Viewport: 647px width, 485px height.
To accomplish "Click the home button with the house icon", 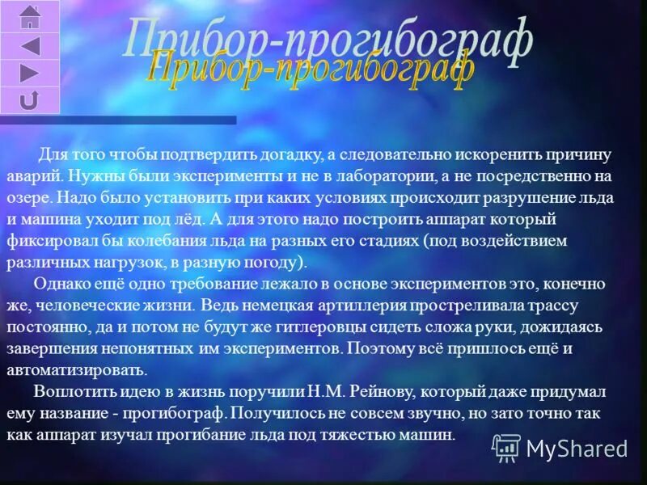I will tap(30, 16).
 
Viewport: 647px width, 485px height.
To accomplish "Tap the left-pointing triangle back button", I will tap(30, 45).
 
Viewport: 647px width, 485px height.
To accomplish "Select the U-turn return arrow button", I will tap(30, 100).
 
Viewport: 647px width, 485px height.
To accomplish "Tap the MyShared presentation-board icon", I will tap(506, 447).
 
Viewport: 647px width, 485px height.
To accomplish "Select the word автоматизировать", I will tap(77, 371).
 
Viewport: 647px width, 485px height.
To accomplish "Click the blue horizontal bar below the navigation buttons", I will tap(118, 120).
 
